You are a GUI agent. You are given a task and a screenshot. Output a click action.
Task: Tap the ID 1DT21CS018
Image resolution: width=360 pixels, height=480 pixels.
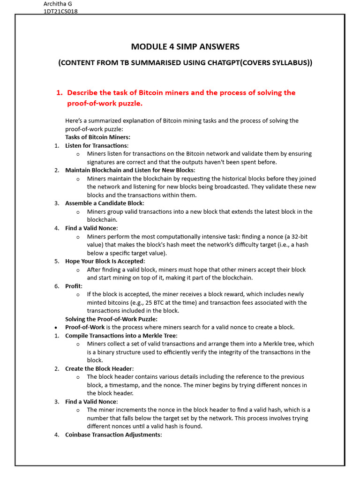[x=60, y=12]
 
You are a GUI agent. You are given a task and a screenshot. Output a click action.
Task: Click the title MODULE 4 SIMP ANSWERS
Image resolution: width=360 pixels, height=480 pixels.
[x=185, y=46]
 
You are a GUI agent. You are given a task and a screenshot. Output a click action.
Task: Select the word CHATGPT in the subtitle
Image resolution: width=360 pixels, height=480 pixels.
[x=225, y=63]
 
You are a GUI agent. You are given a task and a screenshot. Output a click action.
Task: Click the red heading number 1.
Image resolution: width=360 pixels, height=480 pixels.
[x=59, y=93]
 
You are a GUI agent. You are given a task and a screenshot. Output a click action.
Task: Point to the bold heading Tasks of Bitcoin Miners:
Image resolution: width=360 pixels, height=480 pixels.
[x=97, y=137]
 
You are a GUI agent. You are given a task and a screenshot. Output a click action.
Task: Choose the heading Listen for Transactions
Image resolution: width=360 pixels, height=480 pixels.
[x=96, y=145]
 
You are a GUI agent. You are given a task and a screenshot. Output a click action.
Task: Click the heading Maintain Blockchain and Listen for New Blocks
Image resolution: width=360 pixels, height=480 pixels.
[x=129, y=170]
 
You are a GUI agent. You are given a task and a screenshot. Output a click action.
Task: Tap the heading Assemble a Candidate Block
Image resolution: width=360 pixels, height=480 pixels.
[x=104, y=203]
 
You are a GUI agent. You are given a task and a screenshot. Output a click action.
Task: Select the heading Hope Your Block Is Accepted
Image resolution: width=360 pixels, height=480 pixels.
[x=105, y=261]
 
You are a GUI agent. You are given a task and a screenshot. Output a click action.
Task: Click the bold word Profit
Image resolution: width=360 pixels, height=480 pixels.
[x=73, y=286]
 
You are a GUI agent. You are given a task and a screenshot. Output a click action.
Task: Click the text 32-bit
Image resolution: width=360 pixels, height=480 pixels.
[x=299, y=236]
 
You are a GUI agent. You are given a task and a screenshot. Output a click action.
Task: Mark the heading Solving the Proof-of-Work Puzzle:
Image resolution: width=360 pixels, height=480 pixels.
[x=111, y=319]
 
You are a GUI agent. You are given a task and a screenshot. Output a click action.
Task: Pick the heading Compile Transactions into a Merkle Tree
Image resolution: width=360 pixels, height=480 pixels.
[x=121, y=336]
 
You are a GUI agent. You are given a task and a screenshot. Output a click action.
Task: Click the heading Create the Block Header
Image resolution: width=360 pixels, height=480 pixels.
[x=99, y=368]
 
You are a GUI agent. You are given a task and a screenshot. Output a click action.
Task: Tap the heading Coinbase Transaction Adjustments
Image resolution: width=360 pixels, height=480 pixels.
[x=112, y=435]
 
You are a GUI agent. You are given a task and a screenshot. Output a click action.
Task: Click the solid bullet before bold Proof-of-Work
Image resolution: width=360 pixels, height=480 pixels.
[x=56, y=327]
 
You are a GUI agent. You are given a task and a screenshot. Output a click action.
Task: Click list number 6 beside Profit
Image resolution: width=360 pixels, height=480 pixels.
[x=56, y=286]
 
